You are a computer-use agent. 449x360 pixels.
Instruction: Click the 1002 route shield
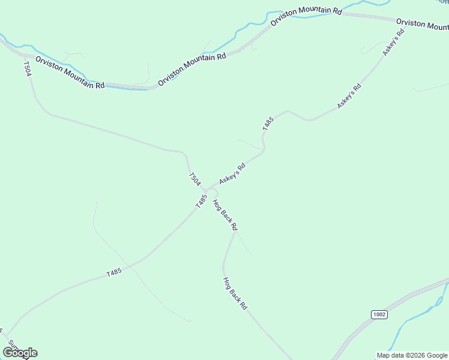coord(379,314)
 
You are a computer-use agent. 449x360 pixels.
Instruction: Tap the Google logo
coord(20,353)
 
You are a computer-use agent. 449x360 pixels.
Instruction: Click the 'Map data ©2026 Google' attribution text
coord(412,355)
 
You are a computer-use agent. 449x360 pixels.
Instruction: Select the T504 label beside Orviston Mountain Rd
coord(28,68)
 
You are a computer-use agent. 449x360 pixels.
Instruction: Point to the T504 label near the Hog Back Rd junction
coord(194,179)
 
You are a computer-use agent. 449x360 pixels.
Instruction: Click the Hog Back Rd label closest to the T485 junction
coord(225,215)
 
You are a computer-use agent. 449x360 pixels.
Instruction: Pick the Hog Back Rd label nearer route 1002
coord(235,293)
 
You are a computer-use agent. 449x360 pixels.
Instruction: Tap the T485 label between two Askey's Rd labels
coord(268,124)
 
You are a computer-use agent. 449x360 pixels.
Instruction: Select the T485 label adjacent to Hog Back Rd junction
coord(201,200)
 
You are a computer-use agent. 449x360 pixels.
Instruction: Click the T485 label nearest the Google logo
coord(114,272)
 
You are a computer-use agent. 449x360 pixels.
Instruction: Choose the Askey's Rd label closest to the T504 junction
coord(232,173)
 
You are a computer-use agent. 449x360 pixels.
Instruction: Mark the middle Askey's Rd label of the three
coord(349,96)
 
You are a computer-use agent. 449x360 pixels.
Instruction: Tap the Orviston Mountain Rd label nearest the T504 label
coord(70,73)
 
